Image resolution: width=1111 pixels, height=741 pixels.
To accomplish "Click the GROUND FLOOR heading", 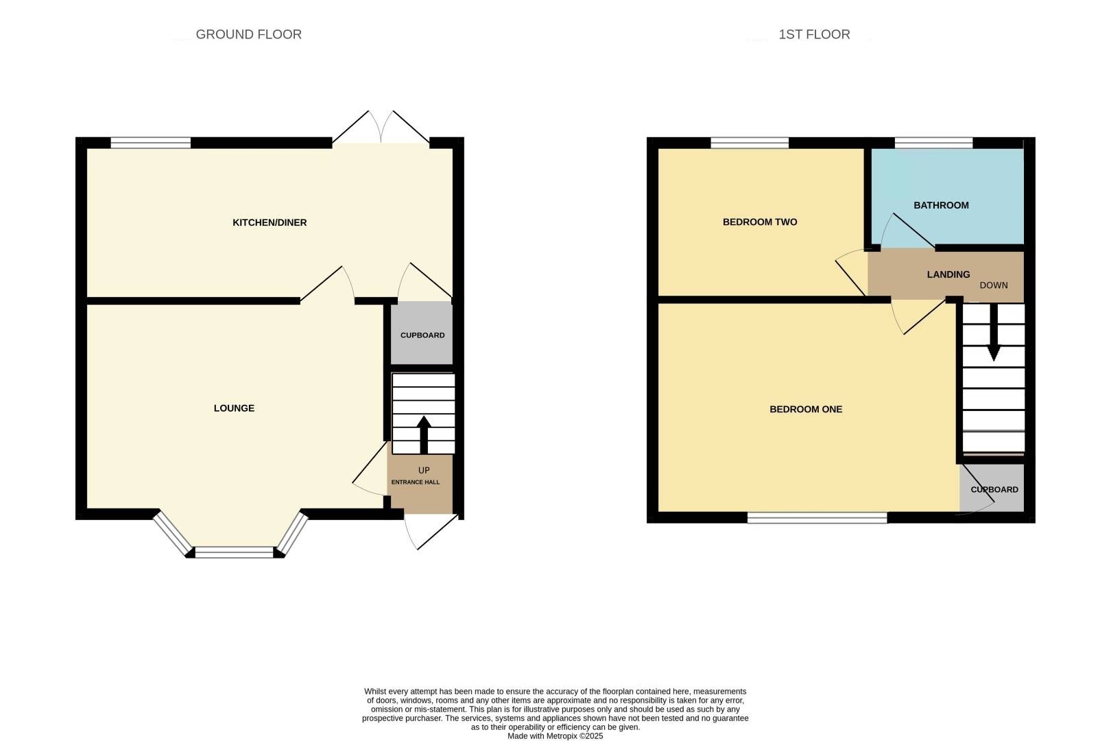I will tap(248, 34).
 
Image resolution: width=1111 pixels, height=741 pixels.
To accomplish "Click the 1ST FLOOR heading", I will tap(814, 34).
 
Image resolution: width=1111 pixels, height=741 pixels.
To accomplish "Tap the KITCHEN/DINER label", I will tap(270, 222).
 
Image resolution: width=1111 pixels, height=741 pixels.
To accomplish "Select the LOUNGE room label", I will tap(234, 408).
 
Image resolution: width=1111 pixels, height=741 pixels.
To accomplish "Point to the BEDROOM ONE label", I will tap(806, 409).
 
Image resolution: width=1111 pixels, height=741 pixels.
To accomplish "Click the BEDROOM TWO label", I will tap(760, 222).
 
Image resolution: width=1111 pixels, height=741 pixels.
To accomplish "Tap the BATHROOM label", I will tap(941, 205).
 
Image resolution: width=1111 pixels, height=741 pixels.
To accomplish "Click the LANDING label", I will tap(948, 274).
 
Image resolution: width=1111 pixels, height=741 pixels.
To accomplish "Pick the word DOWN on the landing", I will tap(994, 285).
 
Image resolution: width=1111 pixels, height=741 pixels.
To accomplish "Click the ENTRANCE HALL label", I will tap(416, 482).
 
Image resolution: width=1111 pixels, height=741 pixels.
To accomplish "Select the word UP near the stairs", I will tap(424, 470).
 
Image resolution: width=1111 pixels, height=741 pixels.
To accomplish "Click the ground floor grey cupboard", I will tap(422, 335).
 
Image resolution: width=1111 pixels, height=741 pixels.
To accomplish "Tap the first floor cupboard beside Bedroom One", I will tap(994, 490).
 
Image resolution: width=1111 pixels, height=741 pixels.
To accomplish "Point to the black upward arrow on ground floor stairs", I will tap(424, 434).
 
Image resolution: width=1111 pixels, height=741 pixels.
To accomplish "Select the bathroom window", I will tap(933, 143).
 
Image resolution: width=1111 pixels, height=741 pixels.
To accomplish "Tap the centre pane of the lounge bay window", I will tap(235, 552).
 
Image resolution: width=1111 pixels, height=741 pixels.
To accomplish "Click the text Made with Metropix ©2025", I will tap(555, 736).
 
